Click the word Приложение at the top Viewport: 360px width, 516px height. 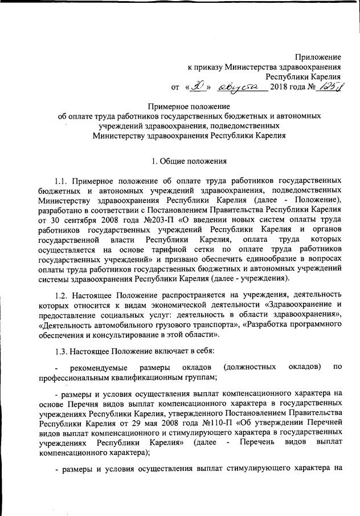318,57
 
